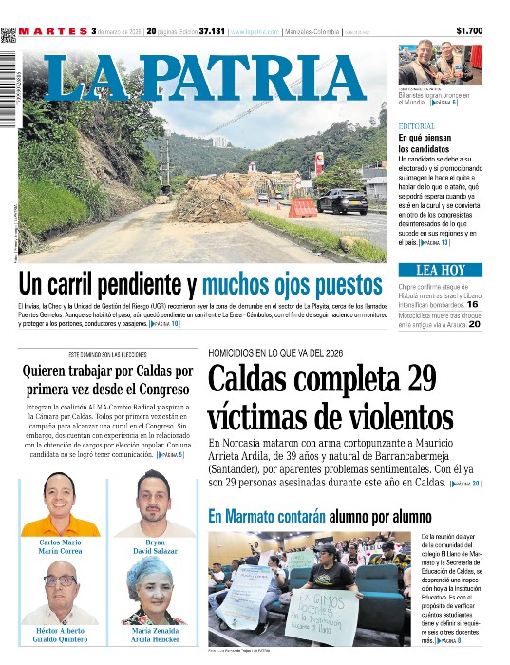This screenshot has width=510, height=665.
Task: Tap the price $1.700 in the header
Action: (469, 31)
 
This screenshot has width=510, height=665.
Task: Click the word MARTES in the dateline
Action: (52, 31)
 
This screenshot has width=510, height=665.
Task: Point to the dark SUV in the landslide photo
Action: (342, 200)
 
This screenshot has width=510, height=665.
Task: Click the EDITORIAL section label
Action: (417, 126)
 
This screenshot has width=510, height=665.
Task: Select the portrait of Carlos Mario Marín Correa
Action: (59, 504)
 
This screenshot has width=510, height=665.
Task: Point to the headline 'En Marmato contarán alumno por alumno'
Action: (320, 517)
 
